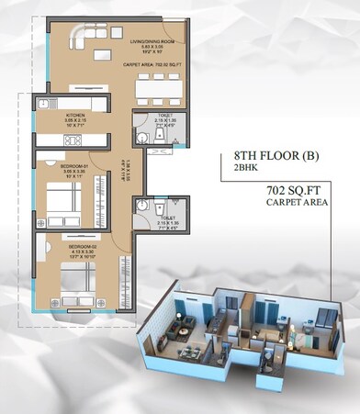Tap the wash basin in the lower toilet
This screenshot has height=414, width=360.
pyautogui.click(x=141, y=208)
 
